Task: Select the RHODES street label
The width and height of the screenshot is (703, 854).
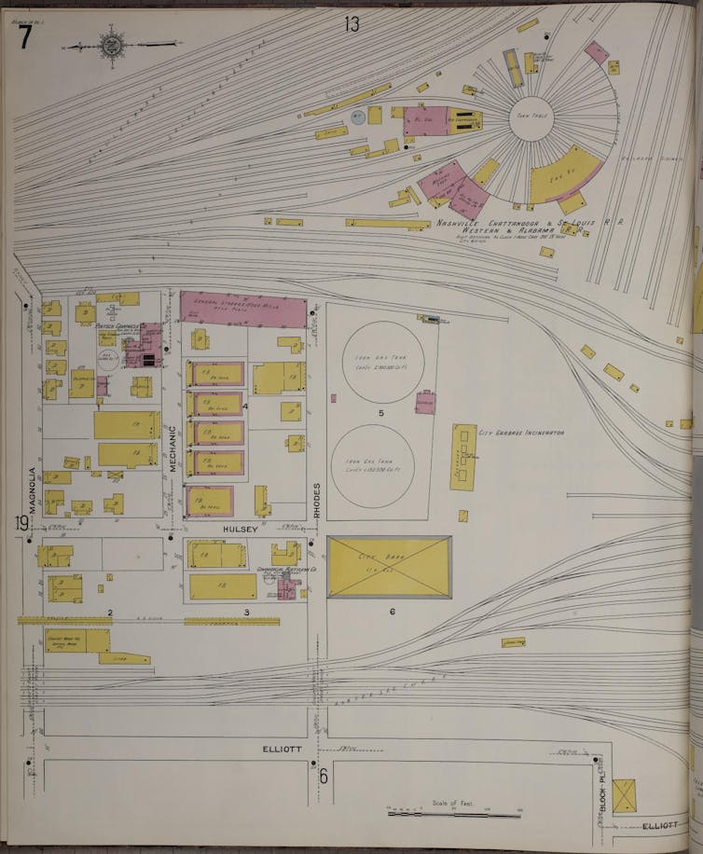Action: (317, 502)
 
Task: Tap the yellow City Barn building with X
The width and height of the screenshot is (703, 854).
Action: (389, 567)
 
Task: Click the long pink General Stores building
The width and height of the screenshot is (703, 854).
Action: (243, 309)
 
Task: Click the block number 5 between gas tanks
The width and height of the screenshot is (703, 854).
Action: (380, 412)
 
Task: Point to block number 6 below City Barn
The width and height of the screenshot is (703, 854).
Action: (393, 612)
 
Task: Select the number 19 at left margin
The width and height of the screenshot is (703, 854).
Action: (21, 523)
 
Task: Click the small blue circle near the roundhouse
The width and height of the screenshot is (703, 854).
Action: (357, 117)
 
